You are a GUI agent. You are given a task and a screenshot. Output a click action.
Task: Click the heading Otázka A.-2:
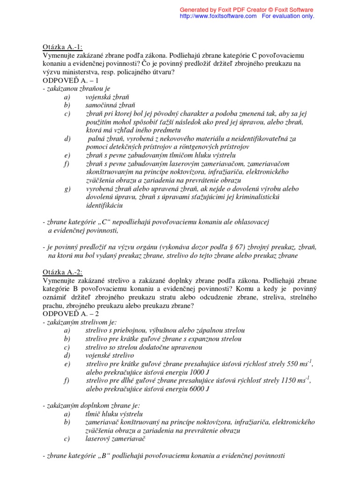[62, 272]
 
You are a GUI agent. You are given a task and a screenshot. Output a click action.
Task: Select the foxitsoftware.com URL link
[218, 16]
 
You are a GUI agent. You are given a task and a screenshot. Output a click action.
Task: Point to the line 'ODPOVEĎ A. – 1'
[71, 80]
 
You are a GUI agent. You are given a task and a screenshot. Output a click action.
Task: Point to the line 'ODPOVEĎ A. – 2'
[71, 314]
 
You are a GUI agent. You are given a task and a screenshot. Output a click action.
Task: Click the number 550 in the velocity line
[291, 364]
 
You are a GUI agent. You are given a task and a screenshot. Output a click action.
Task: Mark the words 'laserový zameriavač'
[116, 439]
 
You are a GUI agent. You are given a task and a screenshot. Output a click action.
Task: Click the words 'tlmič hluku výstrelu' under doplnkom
[114, 414]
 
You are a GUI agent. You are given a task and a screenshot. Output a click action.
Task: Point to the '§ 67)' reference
[209, 247]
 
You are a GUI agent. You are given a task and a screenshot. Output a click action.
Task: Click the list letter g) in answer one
[68, 189]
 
